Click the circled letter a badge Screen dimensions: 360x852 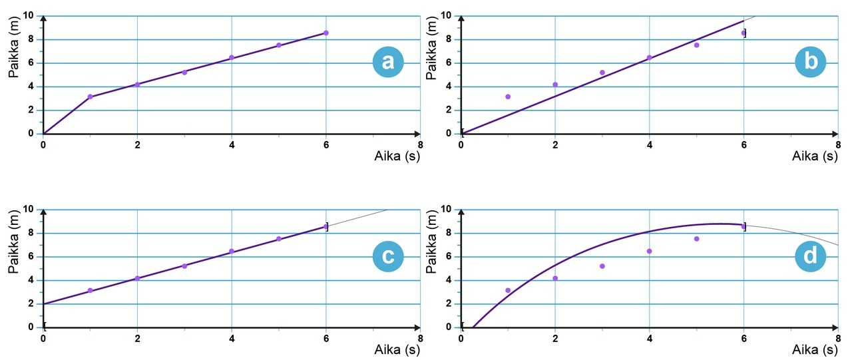pyautogui.click(x=388, y=62)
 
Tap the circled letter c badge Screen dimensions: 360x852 pyautogui.click(x=388, y=256)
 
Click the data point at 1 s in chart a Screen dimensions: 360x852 pyautogui.click(x=91, y=96)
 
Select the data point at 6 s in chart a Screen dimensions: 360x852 pyautogui.click(x=326, y=33)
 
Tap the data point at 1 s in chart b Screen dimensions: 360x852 pyautogui.click(x=508, y=96)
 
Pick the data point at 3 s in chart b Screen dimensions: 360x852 pyautogui.click(x=602, y=73)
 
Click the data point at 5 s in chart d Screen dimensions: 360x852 pyautogui.click(x=697, y=239)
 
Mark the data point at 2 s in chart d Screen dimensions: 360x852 pyautogui.click(x=555, y=278)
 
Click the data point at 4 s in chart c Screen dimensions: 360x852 pyautogui.click(x=232, y=251)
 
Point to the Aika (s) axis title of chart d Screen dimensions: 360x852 pyautogui.click(x=815, y=349)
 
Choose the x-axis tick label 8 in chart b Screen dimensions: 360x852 pyautogui.click(x=837, y=144)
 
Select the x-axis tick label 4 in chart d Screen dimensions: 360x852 pyautogui.click(x=649, y=337)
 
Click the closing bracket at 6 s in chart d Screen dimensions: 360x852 pyautogui.click(x=745, y=227)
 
